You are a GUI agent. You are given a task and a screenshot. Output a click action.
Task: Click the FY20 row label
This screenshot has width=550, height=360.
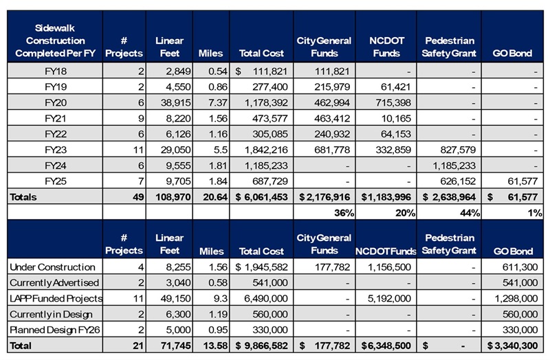(56, 102)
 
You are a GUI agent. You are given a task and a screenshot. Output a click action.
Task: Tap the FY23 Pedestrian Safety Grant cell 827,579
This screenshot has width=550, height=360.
(458, 150)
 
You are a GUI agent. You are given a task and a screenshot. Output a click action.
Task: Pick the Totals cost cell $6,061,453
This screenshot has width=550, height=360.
(261, 197)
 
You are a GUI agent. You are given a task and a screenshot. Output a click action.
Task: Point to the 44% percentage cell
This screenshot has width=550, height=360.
(470, 213)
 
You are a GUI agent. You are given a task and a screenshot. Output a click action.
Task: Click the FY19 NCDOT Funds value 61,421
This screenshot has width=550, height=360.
(396, 87)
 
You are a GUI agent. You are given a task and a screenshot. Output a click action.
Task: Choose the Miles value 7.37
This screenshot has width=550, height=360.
(218, 102)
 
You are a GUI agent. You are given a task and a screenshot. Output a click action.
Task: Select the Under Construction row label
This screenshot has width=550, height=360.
(53, 267)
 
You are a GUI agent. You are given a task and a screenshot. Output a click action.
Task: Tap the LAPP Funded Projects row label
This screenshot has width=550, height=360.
(56, 298)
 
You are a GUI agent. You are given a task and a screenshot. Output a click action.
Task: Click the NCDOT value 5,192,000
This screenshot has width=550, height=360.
(389, 298)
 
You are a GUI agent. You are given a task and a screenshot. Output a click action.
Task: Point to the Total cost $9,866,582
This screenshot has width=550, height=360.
(261, 346)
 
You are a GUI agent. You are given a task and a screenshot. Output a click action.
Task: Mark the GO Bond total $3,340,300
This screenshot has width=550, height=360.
(512, 346)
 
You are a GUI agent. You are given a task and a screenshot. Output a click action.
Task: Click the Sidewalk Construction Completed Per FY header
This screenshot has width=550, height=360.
(55, 41)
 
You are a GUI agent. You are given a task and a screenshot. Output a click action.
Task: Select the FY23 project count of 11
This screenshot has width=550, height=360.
(138, 150)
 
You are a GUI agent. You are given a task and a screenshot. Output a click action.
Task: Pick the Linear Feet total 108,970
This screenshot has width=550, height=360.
(173, 197)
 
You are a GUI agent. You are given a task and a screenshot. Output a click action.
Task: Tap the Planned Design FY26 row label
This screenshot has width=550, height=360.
(55, 330)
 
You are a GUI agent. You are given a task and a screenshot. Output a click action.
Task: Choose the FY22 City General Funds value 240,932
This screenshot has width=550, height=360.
(332, 134)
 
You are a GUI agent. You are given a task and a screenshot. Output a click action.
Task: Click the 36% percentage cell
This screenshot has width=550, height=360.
(344, 213)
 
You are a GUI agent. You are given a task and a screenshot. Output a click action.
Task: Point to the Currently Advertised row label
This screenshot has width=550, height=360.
(54, 282)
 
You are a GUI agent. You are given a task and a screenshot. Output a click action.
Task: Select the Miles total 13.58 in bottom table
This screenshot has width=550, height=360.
(215, 346)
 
